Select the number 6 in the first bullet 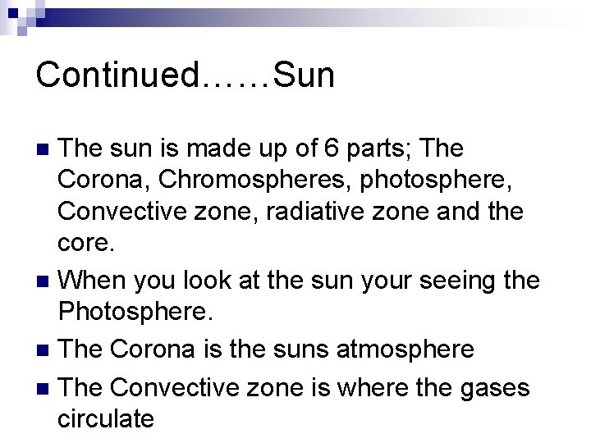tap(353, 149)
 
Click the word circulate tap(106, 418)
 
